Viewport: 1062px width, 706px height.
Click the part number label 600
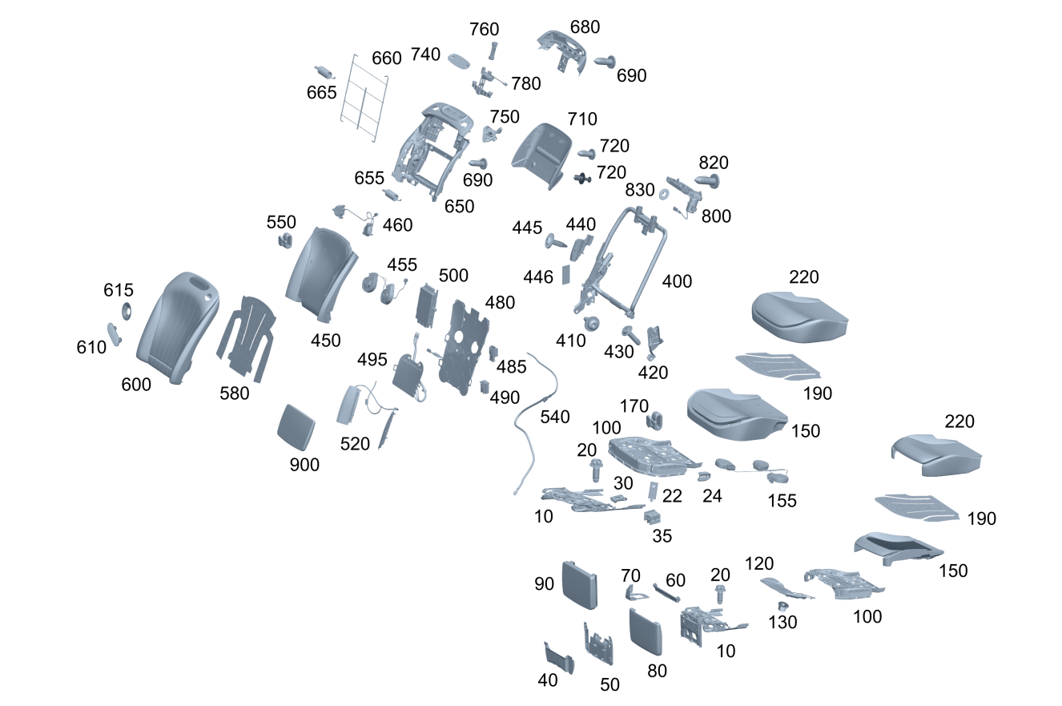point(136,385)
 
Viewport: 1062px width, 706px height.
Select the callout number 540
point(555,417)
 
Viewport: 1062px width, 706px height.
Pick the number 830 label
point(640,190)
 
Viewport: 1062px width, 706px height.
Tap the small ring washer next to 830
point(665,195)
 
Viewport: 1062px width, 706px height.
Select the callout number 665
point(321,93)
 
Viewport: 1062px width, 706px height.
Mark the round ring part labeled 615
point(127,311)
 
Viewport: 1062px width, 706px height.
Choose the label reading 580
point(235,393)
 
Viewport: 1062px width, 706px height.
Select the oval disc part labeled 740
point(461,60)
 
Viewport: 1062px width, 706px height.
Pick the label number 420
point(653,373)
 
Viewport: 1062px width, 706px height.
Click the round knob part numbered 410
point(593,323)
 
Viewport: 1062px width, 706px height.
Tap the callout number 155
point(782,500)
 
